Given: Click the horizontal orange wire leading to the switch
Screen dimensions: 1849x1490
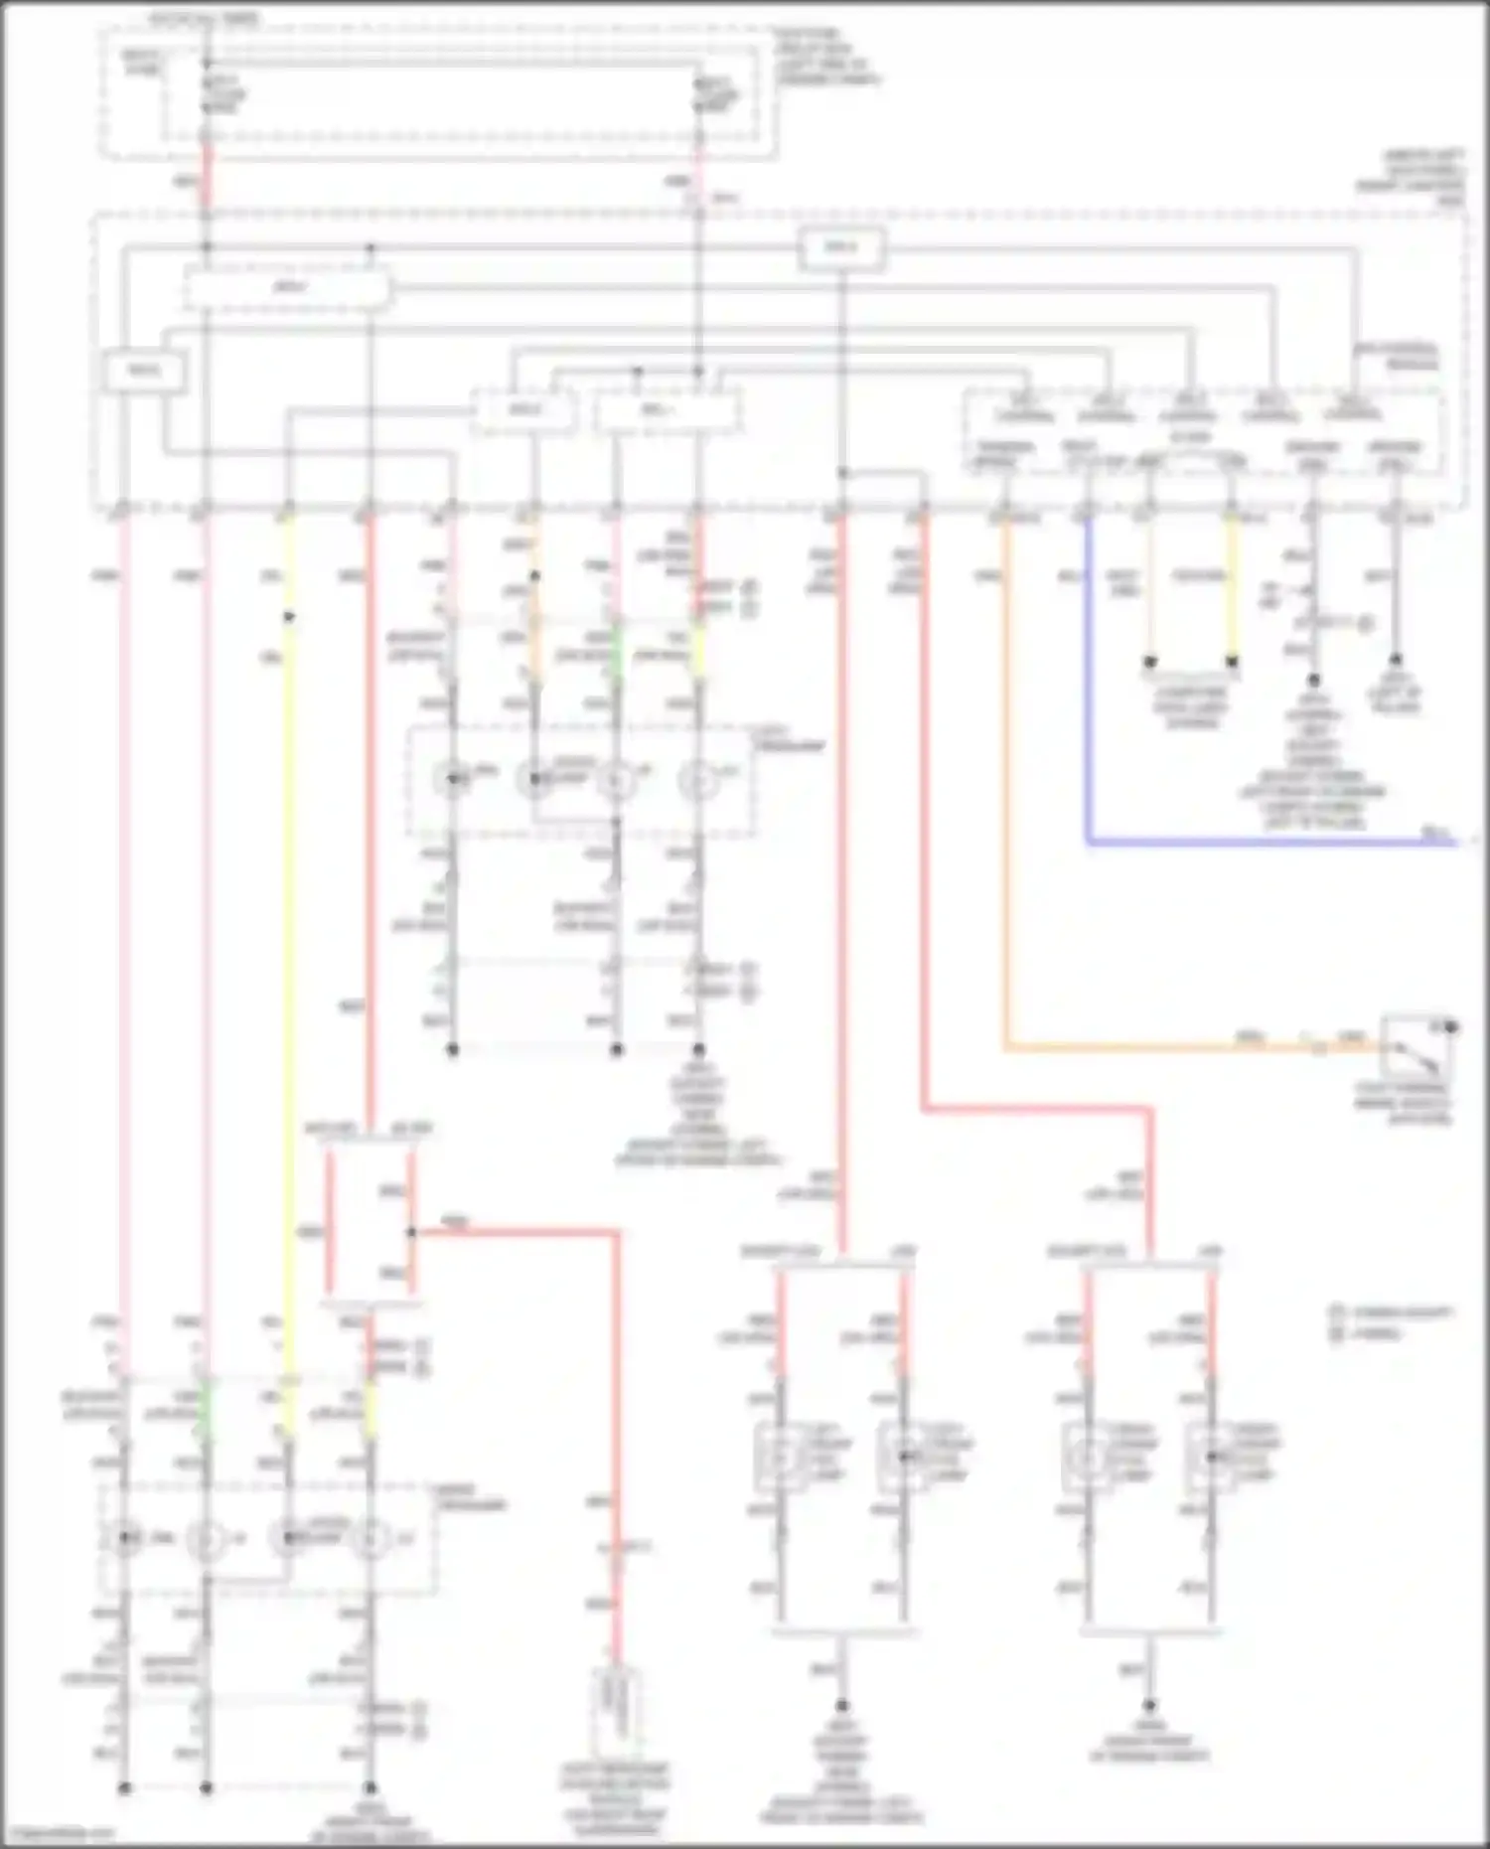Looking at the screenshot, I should point(1142,1046).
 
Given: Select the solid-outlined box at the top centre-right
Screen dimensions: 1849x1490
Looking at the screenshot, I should point(841,248).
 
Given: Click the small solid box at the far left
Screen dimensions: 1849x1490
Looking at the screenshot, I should point(143,372).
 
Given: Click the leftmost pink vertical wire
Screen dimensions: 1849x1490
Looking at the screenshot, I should point(124,894).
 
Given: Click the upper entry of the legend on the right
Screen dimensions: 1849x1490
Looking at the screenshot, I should point(1391,1312).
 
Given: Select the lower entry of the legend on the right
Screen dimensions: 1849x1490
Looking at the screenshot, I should point(1381,1333).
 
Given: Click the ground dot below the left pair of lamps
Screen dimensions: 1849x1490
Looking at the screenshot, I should point(842,1705).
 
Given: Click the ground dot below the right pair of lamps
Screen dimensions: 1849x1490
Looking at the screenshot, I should point(1150,1705).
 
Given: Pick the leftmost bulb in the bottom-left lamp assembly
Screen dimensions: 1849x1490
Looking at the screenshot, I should point(125,1538).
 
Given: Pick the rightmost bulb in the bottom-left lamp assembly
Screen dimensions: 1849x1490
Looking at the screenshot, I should point(372,1538).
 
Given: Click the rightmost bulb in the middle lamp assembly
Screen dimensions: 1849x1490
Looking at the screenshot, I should point(698,781).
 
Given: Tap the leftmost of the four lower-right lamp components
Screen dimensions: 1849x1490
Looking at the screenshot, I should point(781,1457).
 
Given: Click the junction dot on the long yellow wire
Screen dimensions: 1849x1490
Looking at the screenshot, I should point(289,617).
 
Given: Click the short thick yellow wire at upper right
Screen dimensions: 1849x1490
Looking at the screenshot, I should point(1233,586).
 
